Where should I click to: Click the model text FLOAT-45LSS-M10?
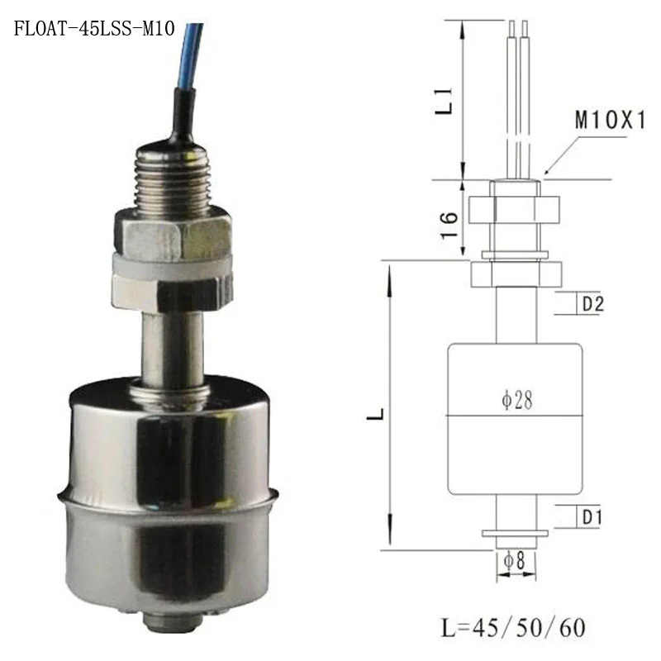94,29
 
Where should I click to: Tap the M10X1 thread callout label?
611,120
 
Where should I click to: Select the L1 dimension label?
444,102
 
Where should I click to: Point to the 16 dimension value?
449,226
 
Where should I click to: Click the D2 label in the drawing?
593,303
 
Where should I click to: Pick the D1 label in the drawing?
592,517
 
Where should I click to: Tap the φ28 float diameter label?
517,400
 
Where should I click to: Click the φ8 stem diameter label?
514,561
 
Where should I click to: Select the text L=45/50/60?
513,628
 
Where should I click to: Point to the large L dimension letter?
375,414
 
